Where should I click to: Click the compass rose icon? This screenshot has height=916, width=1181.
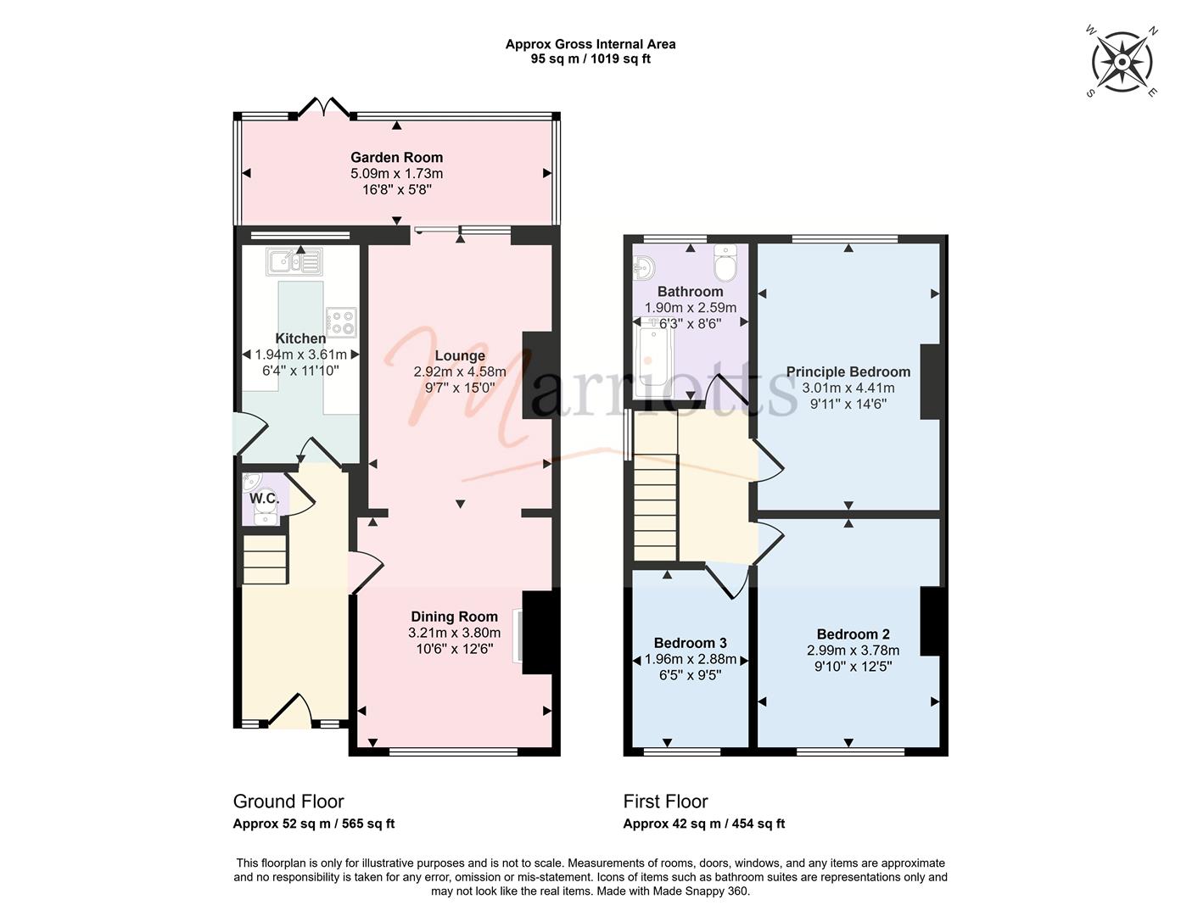point(1122,62)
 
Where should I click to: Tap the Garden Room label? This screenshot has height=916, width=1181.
point(396,158)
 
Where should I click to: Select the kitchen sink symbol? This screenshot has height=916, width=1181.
point(294,261)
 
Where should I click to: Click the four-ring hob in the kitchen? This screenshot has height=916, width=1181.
point(342,321)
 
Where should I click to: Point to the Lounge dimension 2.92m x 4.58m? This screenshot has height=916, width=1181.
point(460,371)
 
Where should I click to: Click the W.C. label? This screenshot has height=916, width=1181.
point(264,498)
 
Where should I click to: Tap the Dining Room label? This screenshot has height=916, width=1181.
point(455,617)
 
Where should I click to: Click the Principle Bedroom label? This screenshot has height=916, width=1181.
point(848,371)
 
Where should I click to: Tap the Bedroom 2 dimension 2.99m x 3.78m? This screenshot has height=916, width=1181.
point(853,651)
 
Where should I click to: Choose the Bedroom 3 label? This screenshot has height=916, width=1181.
point(691,643)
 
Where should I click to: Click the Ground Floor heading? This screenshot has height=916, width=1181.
point(288,801)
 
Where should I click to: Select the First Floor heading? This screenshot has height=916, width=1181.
point(665,801)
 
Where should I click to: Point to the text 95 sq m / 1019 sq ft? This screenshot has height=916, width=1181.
point(590,59)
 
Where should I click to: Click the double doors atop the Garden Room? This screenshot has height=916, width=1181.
point(324,107)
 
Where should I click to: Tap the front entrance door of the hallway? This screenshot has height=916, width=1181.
point(289,711)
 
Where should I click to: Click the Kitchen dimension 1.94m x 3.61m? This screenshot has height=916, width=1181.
point(300,355)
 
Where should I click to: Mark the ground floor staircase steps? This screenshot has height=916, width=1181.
point(264,559)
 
